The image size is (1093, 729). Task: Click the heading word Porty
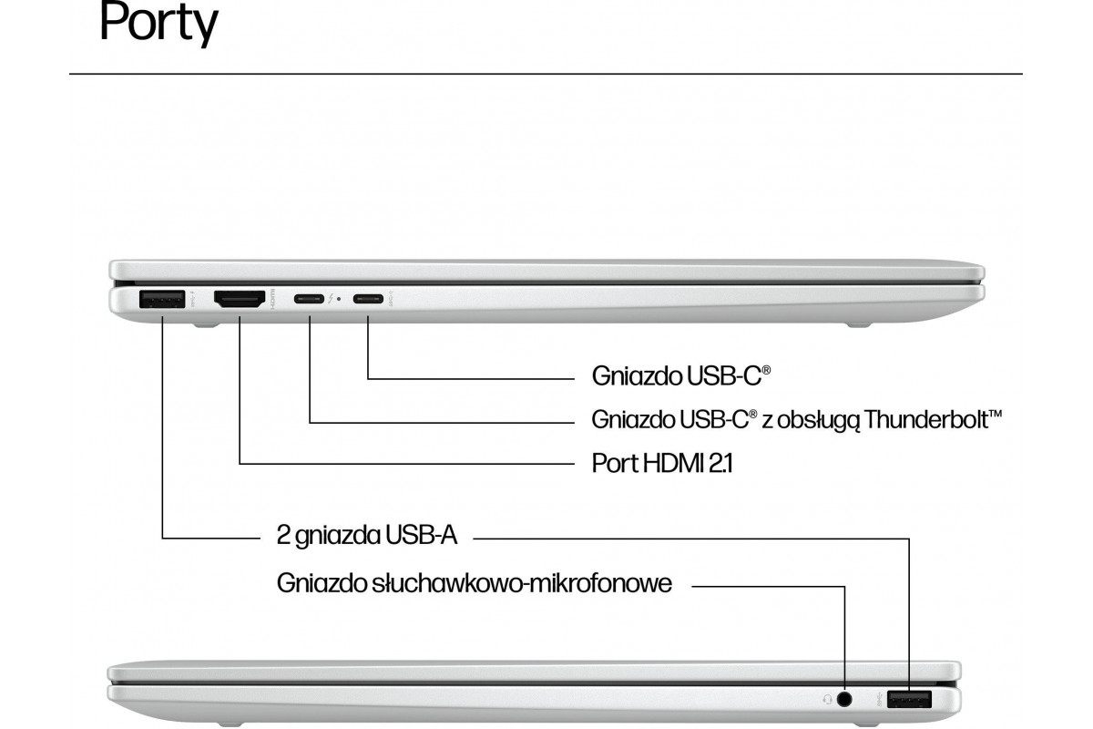[x=158, y=25]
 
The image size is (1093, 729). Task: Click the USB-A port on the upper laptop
[x=161, y=298]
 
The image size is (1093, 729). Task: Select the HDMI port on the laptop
[x=239, y=298]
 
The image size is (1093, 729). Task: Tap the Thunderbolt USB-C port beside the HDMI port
[x=310, y=298]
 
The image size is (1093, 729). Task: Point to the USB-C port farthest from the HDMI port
[x=368, y=298]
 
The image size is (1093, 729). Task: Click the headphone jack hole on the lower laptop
[x=845, y=699]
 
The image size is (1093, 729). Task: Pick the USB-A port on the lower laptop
[x=909, y=699]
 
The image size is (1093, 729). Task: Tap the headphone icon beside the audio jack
[x=826, y=699]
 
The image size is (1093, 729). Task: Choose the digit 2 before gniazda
[x=283, y=534]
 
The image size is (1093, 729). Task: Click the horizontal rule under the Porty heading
[x=546, y=73]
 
